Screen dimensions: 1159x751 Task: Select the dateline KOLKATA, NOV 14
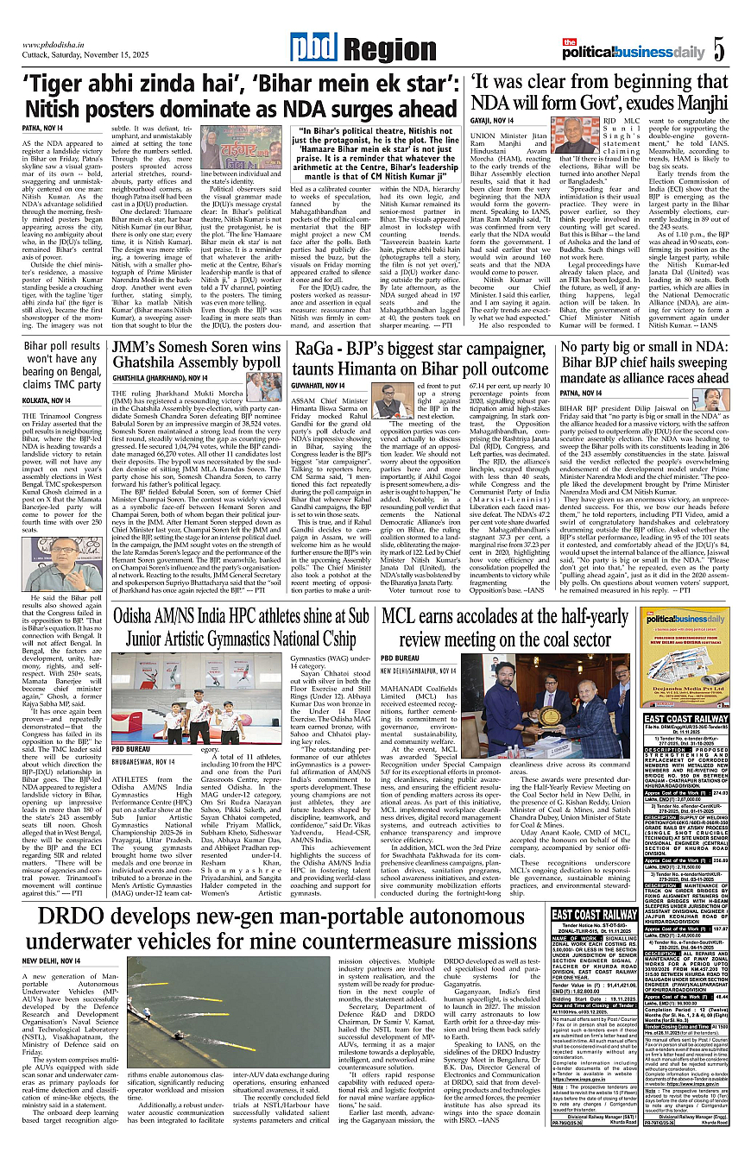coord(47,400)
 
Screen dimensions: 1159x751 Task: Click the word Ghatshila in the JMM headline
coord(151,365)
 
